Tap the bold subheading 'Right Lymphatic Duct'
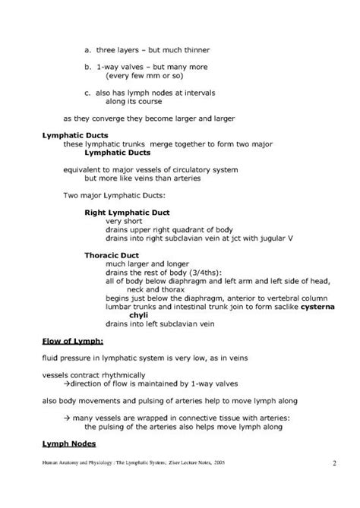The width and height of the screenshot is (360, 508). point(127,212)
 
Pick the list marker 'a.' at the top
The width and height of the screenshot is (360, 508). point(87,49)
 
